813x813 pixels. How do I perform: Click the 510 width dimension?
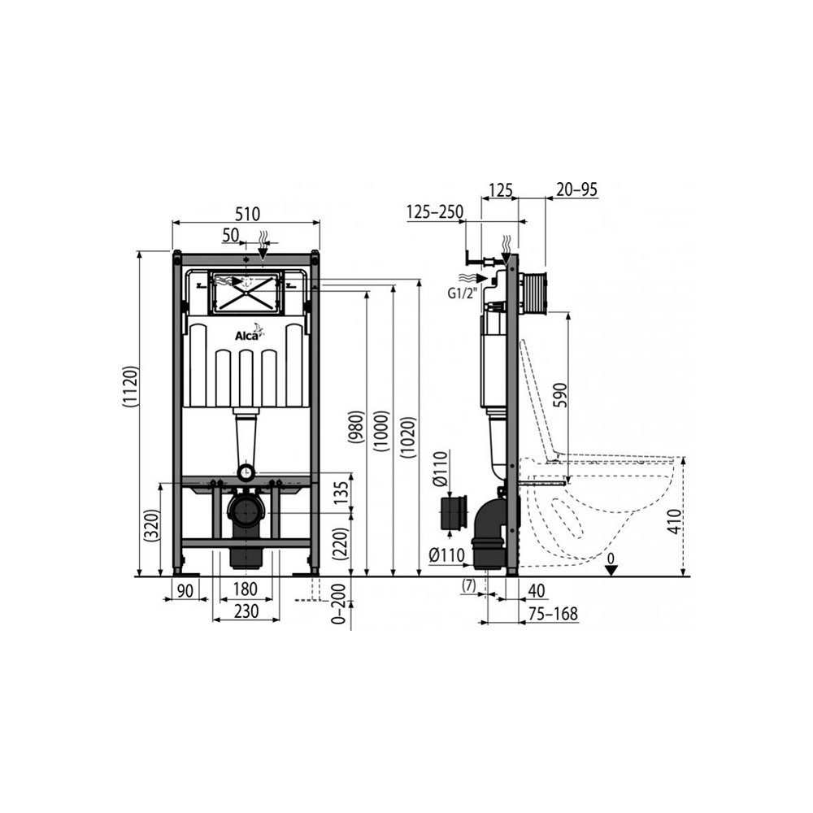(247, 214)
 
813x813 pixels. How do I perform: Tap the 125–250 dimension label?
(435, 213)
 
